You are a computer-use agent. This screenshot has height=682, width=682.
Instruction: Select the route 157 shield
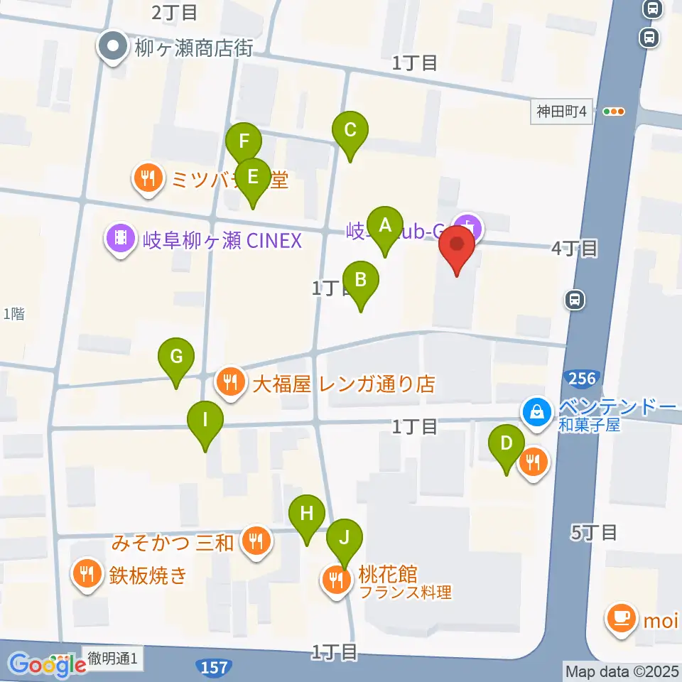pyautogui.click(x=215, y=667)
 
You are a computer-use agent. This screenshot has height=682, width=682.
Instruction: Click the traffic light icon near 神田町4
pyautogui.click(x=613, y=112)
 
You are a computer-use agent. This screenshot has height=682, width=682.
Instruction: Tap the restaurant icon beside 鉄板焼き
pyautogui.click(x=87, y=573)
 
